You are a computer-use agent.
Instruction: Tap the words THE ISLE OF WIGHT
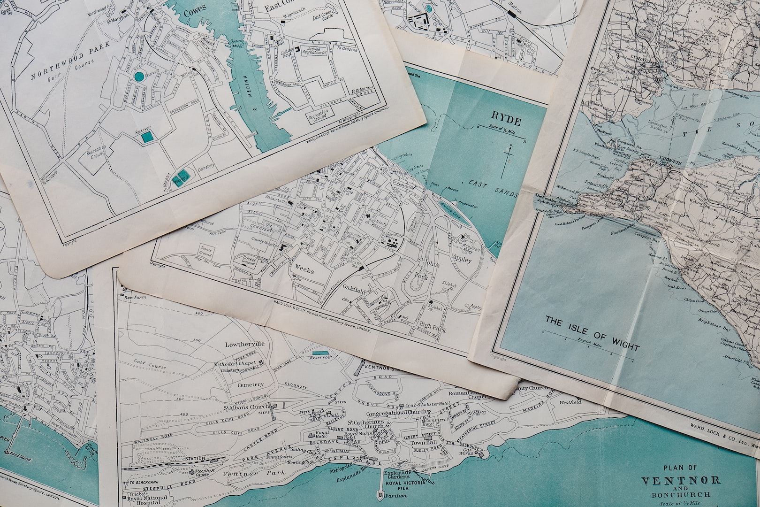[592, 333]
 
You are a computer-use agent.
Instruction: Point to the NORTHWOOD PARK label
[70, 61]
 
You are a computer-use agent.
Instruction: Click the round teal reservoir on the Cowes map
[139, 76]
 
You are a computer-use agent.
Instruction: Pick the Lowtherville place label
[245, 344]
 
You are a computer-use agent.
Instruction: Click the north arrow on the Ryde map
[508, 160]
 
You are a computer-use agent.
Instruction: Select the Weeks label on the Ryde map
[304, 270]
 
